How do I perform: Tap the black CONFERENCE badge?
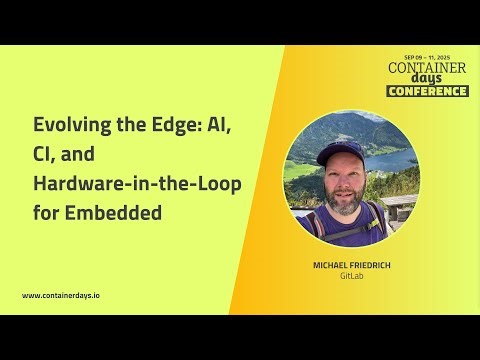click(427, 91)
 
